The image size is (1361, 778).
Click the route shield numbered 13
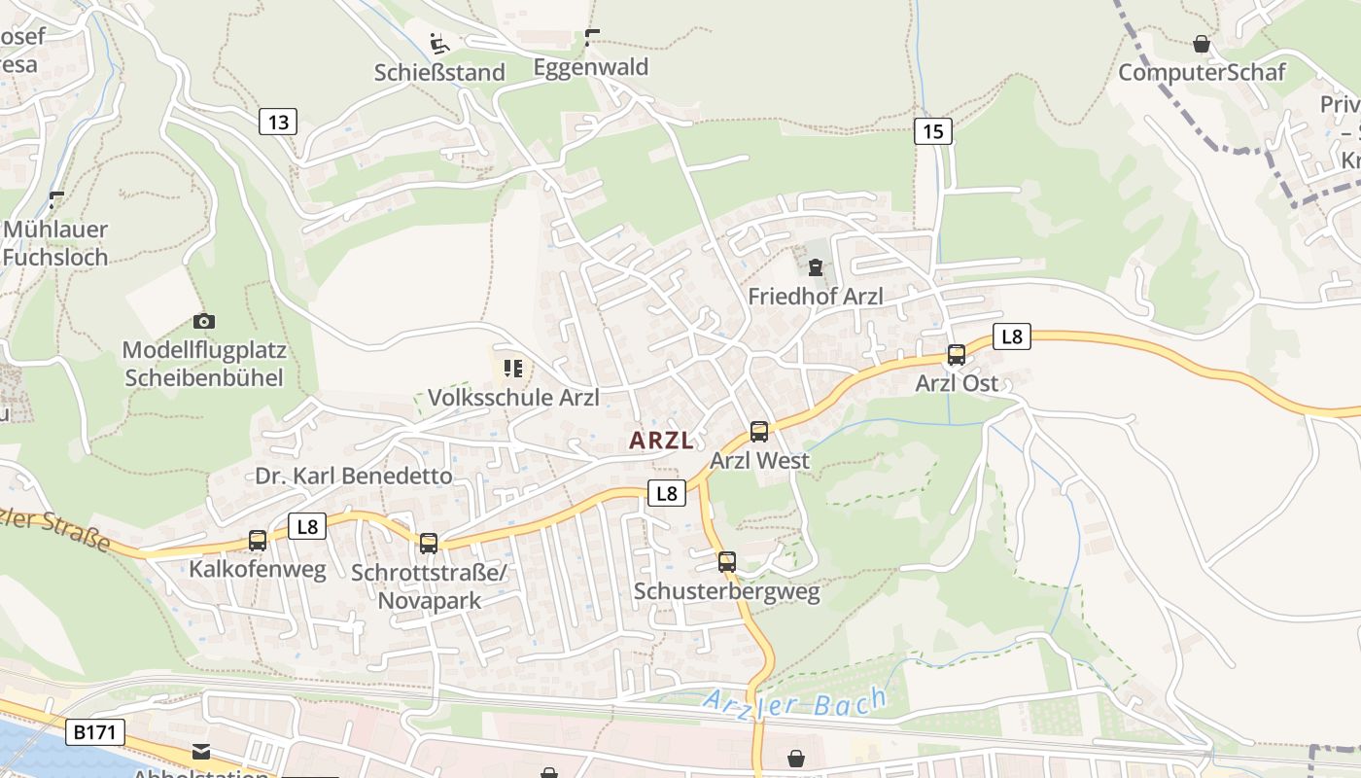278,122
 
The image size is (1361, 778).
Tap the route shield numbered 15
932,131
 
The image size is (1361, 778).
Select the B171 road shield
95,732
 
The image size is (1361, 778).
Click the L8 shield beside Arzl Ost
1012,336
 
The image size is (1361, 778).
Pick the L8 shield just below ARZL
666,493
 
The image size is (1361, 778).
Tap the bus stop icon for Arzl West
759,432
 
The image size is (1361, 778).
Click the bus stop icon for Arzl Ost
957,355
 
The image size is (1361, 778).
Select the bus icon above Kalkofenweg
258,541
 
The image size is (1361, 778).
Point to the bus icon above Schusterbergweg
727,562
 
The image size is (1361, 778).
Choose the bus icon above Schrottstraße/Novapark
429,544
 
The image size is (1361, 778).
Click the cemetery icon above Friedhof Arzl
816,267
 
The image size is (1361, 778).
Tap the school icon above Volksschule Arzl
513,369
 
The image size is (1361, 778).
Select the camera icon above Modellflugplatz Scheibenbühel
204,321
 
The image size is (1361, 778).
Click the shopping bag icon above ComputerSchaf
1202,44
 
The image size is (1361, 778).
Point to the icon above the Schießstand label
439,44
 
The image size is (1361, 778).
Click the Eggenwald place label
591,67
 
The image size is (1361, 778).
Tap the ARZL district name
661,441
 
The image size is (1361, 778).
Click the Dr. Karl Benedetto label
354,476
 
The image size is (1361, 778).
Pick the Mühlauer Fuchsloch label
55,243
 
